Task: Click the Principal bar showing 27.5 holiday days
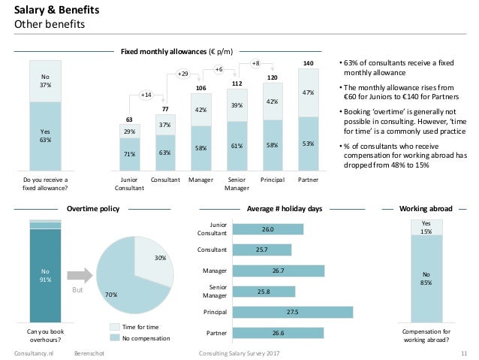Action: pos(293,311)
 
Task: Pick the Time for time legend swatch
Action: pos(115,327)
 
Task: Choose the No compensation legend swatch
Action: pos(115,338)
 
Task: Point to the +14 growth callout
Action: pos(147,95)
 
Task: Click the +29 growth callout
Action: pos(182,74)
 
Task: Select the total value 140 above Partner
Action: pos(308,62)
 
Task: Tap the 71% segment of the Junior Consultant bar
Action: pos(129,155)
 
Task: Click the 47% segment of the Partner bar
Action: pos(308,93)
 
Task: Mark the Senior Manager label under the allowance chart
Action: pos(237,185)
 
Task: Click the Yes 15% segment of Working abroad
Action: pos(426,227)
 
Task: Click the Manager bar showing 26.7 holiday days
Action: pos(278,270)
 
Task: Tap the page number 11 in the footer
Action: pos(464,352)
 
